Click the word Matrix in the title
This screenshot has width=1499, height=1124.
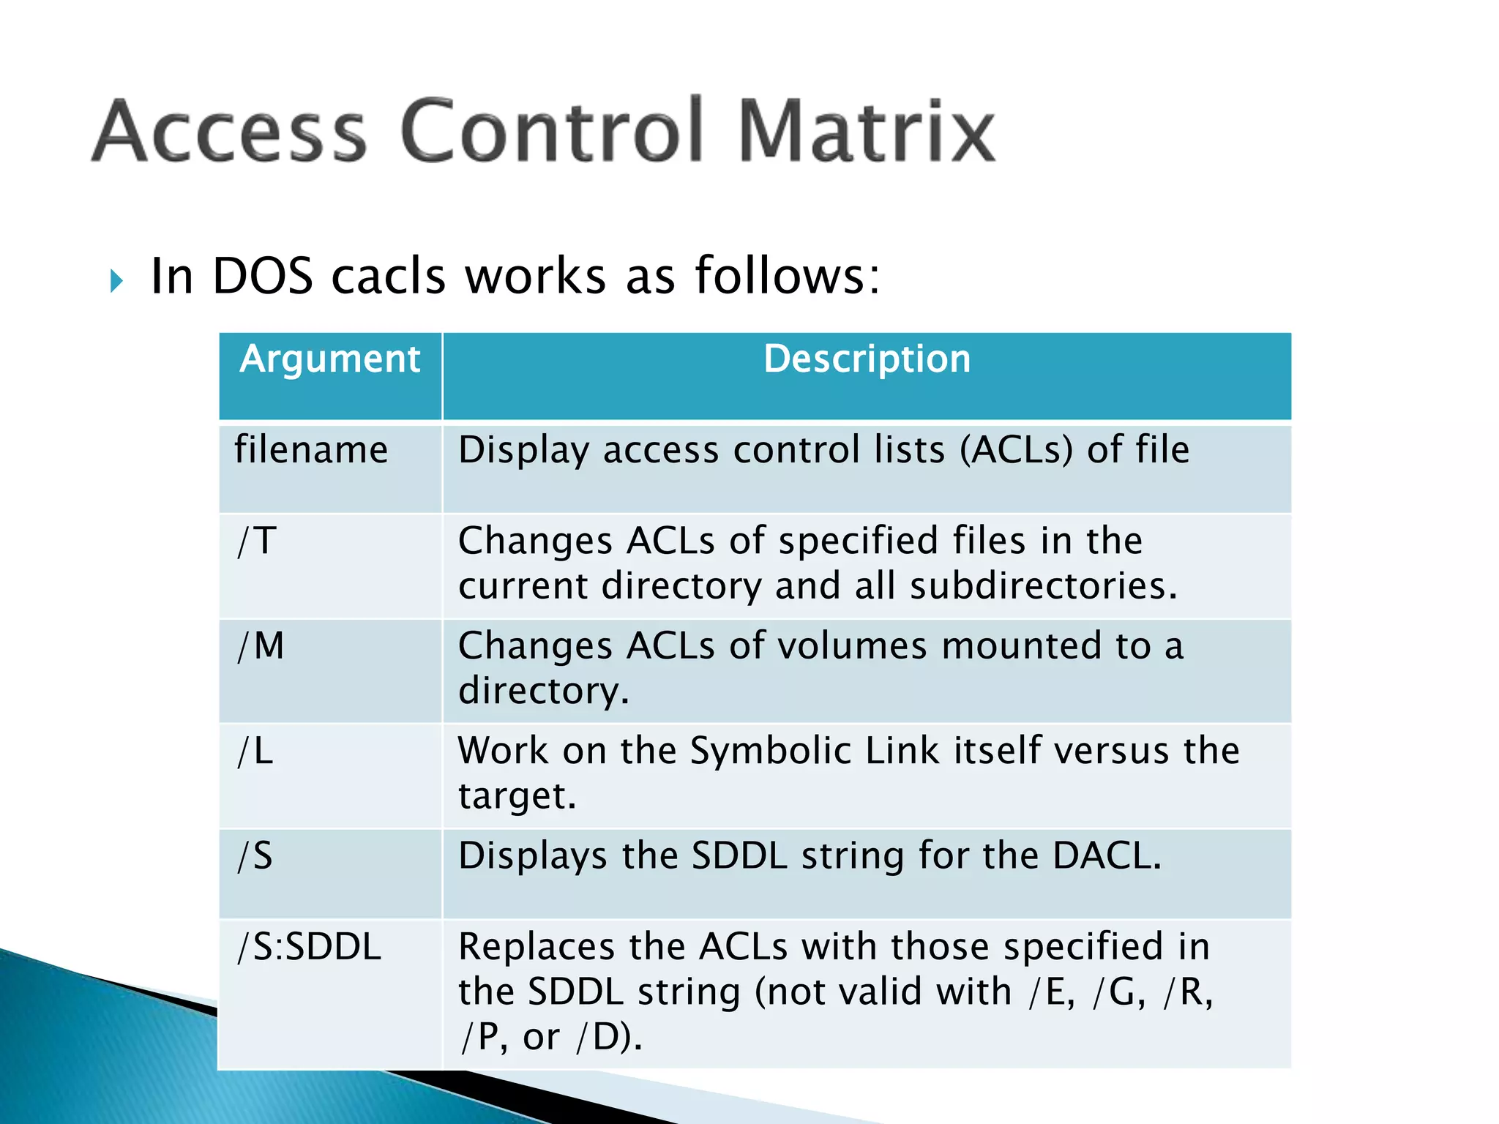point(867,132)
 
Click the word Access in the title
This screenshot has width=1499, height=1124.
point(230,132)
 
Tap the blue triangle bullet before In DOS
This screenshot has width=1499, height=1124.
point(116,280)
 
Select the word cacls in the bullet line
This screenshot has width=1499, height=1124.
point(388,277)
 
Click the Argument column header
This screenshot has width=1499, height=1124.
point(330,359)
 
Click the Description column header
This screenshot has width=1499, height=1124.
point(867,359)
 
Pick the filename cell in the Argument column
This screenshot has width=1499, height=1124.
point(311,449)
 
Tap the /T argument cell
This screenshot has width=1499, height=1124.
point(257,542)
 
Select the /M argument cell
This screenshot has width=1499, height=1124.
point(261,646)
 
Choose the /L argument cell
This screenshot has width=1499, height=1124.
point(255,752)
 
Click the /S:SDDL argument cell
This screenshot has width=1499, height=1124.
point(310,947)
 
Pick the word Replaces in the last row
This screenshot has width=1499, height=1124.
point(537,947)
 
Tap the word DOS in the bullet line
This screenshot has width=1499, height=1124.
point(263,277)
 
